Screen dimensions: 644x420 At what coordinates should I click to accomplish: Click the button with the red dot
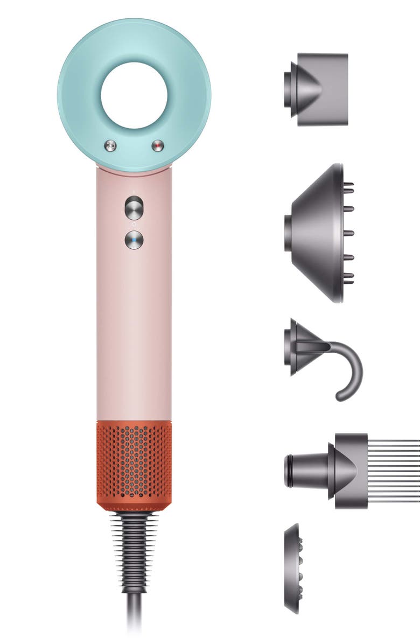(158, 145)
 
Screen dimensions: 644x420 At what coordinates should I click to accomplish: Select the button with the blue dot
(134, 240)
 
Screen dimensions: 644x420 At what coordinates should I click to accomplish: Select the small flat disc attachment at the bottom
(292, 568)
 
